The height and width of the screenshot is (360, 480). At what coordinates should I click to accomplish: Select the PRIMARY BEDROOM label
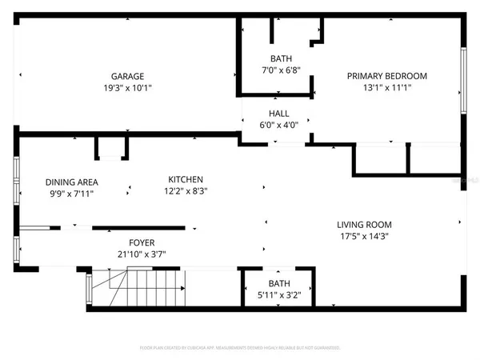coord(386,76)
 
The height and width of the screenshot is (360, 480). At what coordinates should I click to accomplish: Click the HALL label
coord(279,114)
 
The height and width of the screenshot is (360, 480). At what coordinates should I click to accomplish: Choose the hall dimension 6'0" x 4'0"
coord(279,125)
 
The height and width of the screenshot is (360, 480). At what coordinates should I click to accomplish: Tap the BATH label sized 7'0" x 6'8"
coord(280,58)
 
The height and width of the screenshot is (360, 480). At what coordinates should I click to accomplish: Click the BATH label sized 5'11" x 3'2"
coord(279,283)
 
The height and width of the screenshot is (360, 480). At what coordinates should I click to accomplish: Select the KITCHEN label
coord(185,179)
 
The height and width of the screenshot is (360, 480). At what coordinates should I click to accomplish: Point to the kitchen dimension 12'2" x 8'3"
coord(185,191)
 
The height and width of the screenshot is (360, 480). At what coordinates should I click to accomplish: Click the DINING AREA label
coord(70,182)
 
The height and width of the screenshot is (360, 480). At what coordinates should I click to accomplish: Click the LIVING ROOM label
coord(364,225)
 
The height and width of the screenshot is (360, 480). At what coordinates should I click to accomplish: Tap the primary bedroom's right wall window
coord(462,80)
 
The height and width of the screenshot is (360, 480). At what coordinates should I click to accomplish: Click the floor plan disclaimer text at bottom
coord(240,348)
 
